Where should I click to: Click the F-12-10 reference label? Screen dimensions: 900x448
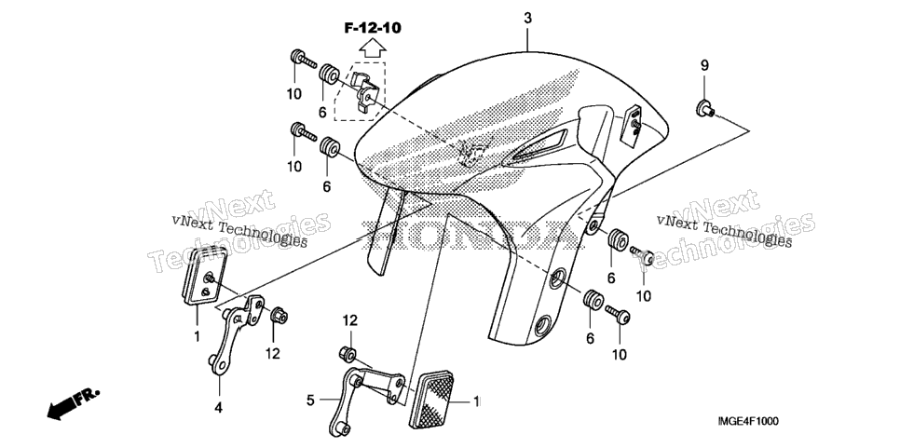tap(373, 28)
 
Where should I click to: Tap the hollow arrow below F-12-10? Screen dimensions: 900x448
tap(373, 47)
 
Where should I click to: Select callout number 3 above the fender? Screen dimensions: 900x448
tap(527, 19)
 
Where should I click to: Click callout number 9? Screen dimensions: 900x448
tap(704, 65)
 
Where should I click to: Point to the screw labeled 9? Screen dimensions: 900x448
tap(705, 108)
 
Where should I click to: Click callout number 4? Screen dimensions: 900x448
tap(219, 408)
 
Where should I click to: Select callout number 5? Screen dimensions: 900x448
tap(310, 400)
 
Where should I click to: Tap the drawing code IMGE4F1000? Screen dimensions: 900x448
tap(748, 422)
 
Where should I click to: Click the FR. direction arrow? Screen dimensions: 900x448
tap(73, 403)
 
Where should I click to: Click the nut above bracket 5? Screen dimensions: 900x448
tap(347, 353)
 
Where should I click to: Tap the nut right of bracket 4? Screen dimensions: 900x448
tap(279, 315)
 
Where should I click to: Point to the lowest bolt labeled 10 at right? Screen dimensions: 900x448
tap(617, 315)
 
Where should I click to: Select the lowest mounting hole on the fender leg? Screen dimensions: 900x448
tap(542, 326)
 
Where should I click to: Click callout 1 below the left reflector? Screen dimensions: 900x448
tap(197, 337)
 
